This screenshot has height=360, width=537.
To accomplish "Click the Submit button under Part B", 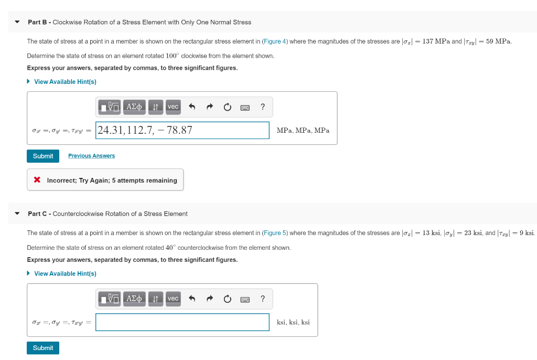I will (43, 156).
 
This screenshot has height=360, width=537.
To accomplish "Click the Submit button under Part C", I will (43, 348).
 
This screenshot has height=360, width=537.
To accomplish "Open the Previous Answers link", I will (91, 156).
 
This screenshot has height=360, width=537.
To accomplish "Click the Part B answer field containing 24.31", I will (182, 130).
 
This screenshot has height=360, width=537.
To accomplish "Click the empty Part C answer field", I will (182, 322).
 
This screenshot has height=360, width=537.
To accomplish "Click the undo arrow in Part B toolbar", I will (192, 107).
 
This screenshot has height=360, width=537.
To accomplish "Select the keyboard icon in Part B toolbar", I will (245, 107).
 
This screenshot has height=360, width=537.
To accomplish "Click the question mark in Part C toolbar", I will (263, 299).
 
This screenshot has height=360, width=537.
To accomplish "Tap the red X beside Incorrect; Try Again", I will (37, 180).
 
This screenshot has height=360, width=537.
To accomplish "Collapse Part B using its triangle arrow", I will (17, 22).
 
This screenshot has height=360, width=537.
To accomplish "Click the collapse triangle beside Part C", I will (17, 214).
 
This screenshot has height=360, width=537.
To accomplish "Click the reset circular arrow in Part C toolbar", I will (228, 299).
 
